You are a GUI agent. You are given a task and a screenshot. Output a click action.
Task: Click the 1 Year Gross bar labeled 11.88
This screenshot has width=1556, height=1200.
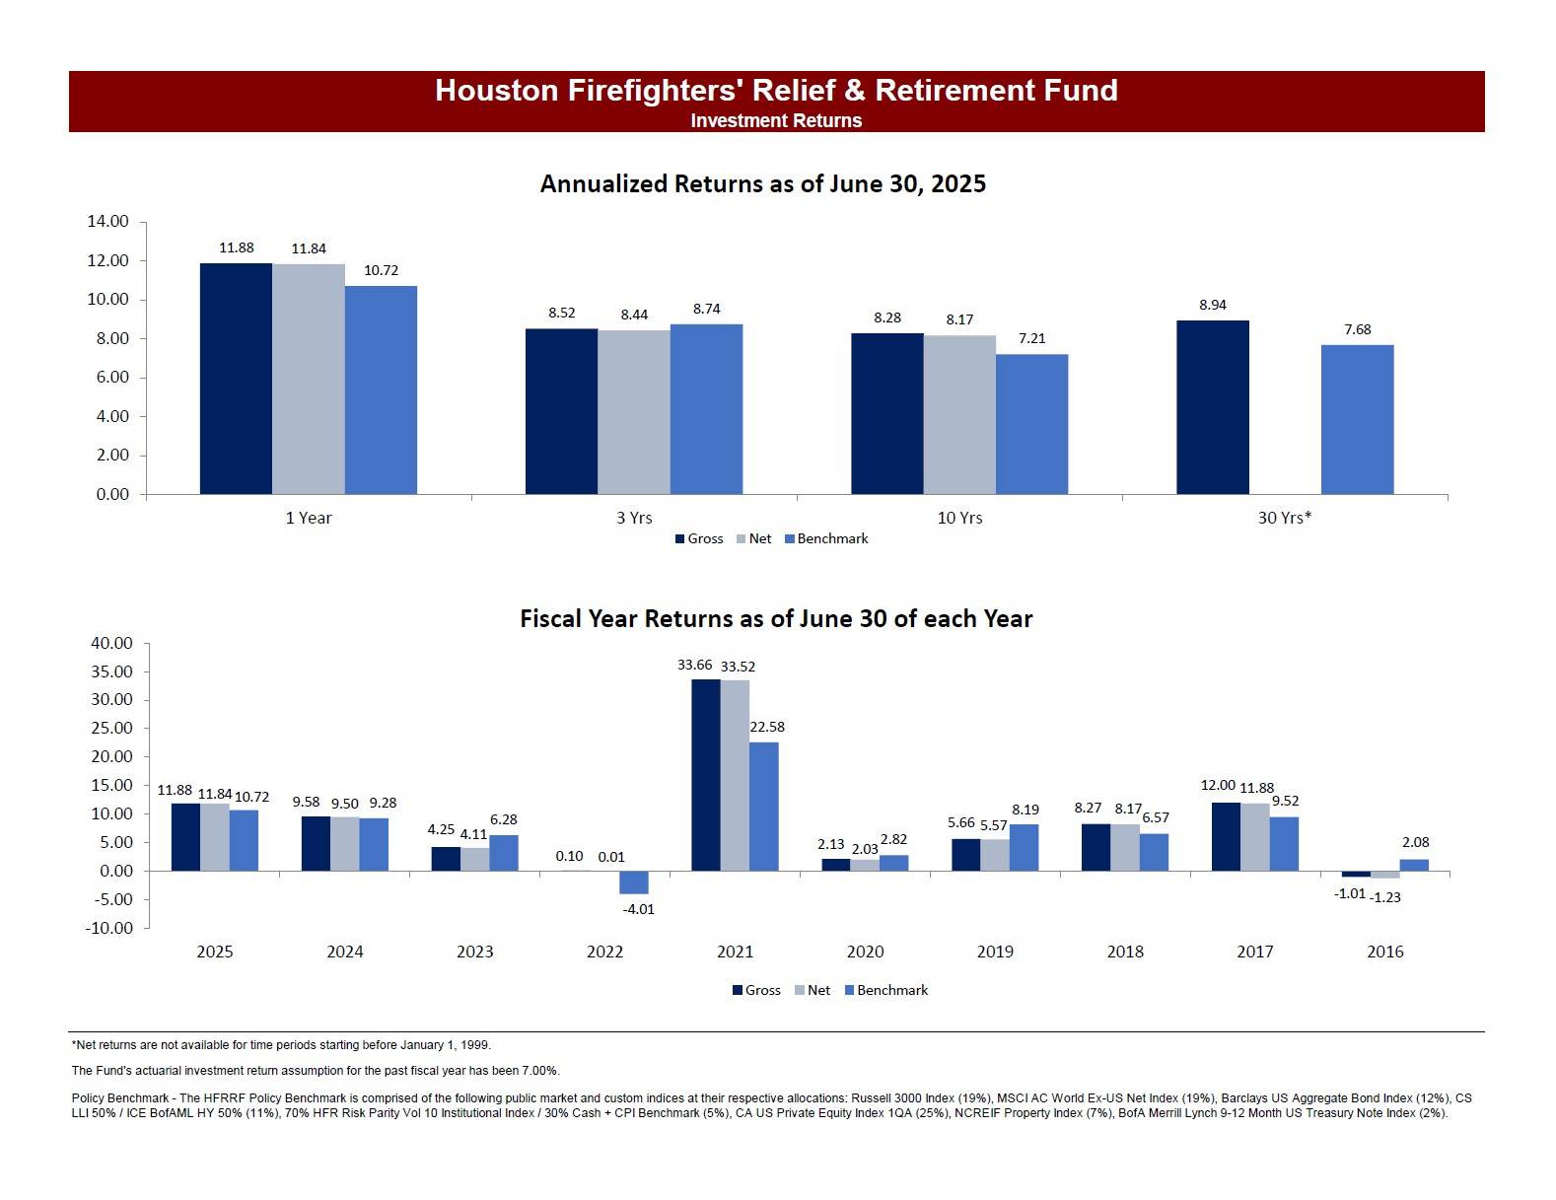pyautogui.click(x=236, y=379)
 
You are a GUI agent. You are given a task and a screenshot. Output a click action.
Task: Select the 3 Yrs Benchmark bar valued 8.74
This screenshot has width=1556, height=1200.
pyautogui.click(x=706, y=409)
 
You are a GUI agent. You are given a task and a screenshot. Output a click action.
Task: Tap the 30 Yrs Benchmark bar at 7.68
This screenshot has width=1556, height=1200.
pyautogui.click(x=1357, y=419)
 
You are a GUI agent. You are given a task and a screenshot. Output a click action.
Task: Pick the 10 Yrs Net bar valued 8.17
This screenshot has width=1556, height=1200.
pyautogui.click(x=959, y=414)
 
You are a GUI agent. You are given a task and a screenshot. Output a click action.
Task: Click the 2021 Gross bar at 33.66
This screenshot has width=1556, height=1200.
pyautogui.click(x=706, y=775)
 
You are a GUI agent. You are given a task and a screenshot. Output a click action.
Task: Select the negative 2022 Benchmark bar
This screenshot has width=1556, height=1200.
pyautogui.click(x=634, y=882)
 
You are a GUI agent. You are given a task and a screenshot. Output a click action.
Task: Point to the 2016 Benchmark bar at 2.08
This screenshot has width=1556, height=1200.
pyautogui.click(x=1414, y=865)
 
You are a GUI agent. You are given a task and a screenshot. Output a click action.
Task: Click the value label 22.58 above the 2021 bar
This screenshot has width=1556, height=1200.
pyautogui.click(x=767, y=728)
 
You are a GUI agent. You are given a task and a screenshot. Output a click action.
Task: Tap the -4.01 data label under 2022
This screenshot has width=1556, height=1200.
pyautogui.click(x=639, y=909)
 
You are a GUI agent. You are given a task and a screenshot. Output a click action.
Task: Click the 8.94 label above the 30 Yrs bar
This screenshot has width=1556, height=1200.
pyautogui.click(x=1213, y=305)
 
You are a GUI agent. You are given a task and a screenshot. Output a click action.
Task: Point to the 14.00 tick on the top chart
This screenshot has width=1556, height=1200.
pyautogui.click(x=107, y=222)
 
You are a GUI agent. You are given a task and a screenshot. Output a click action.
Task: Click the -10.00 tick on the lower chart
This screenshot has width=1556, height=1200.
pyautogui.click(x=109, y=928)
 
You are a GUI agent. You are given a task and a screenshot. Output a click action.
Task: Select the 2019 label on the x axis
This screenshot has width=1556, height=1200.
pyautogui.click(x=995, y=952)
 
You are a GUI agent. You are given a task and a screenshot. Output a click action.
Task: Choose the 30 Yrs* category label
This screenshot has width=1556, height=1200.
pyautogui.click(x=1285, y=518)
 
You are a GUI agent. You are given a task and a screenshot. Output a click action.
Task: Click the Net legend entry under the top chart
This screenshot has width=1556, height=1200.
pyautogui.click(x=754, y=539)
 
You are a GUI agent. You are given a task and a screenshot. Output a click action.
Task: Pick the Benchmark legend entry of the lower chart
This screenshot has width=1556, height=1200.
pyautogui.click(x=886, y=990)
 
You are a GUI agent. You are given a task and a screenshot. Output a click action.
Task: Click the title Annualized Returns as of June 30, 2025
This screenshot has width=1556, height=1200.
pyautogui.click(x=762, y=184)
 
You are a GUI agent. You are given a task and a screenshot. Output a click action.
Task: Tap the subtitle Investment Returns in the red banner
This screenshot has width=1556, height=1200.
pyautogui.click(x=776, y=120)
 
